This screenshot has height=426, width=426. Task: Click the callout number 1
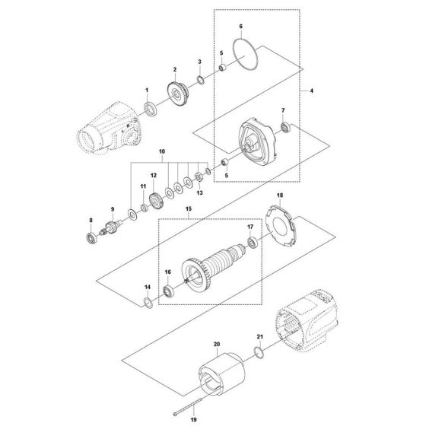pyautogui.click(x=147, y=91)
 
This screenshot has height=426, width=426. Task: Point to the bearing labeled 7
pyautogui.click(x=286, y=126)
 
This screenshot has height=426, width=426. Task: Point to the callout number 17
pyautogui.click(x=250, y=227)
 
